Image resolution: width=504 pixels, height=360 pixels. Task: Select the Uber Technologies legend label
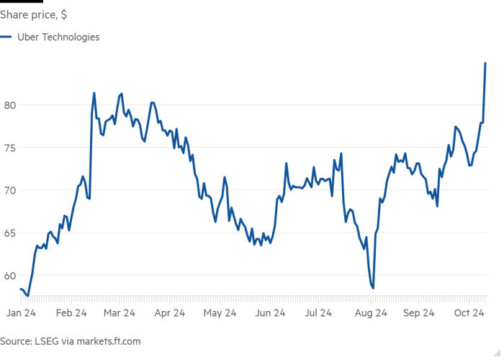58,37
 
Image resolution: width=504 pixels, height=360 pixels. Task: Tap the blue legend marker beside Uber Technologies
7,37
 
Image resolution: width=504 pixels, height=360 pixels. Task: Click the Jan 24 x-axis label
21,313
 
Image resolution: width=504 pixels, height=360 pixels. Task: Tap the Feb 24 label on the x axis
71,313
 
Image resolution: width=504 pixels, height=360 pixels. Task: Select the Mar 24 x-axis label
120,313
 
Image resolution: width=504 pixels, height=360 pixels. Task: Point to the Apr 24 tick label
170,313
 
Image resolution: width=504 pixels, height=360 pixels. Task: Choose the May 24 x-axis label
220,313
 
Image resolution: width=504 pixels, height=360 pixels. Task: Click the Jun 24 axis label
269,313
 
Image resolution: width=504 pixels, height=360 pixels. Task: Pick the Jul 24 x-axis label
318,313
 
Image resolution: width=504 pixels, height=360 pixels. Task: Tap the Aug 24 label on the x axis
369,313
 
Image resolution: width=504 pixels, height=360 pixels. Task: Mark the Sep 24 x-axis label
419,313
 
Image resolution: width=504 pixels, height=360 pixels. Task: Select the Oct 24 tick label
468,313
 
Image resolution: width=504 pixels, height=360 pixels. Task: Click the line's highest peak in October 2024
485,63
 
